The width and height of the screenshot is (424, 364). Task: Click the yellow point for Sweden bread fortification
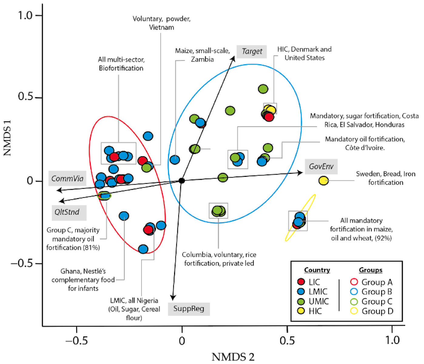coord(324,181)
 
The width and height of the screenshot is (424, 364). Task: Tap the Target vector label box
coord(252,51)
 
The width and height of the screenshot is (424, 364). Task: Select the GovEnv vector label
coord(321,167)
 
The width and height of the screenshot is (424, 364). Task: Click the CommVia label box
coord(67,178)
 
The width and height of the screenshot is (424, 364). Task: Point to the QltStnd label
coord(67,212)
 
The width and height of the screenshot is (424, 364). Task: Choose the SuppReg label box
coord(189,309)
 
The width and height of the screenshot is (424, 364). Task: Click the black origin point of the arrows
coord(182,181)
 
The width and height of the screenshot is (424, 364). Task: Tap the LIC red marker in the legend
coord(301,282)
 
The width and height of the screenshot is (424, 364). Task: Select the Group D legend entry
coord(372,311)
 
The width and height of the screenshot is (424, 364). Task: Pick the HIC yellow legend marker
coord(301,311)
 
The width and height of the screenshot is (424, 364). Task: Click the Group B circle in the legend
coord(354,292)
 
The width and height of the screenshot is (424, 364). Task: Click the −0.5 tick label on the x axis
coord(76,340)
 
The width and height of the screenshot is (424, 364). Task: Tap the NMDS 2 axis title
coord(233,357)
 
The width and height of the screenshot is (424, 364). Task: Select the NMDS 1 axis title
coord(7,138)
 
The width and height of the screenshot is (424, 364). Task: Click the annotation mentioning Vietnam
coord(161,23)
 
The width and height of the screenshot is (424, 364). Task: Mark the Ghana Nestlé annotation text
coord(83,280)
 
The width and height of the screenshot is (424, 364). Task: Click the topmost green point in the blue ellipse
coord(263,89)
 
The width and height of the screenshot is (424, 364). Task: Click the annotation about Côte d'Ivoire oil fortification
coord(365,143)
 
